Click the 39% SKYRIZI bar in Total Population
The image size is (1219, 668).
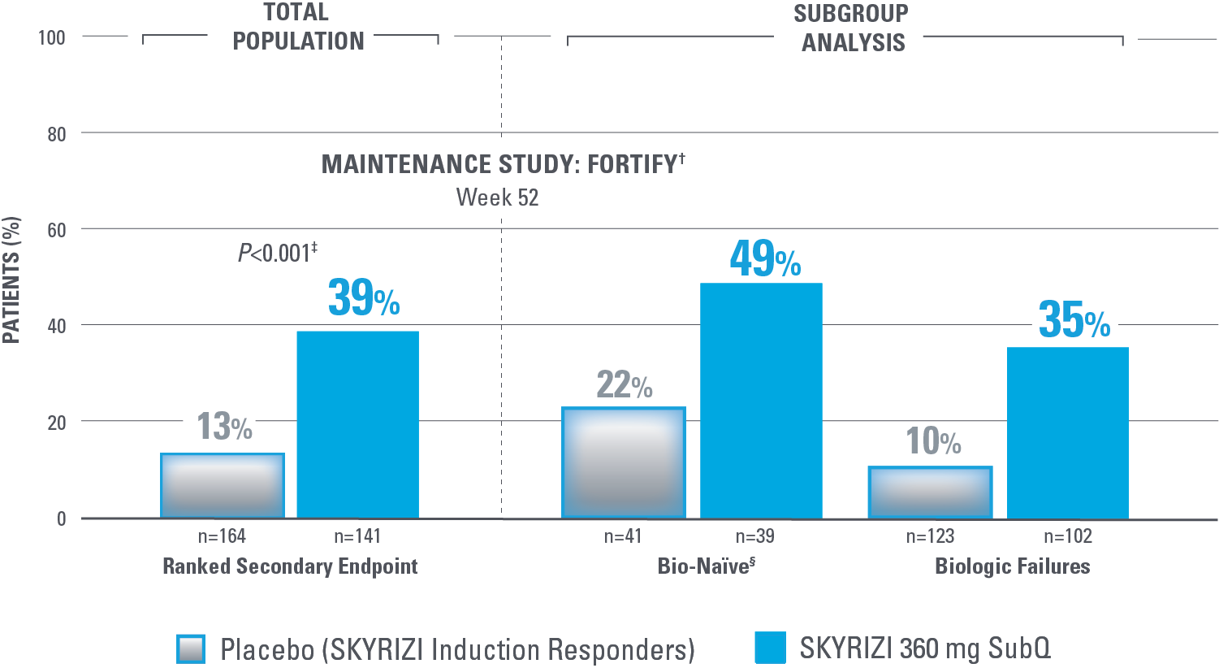pos(358,424)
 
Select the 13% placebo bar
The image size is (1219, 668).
pos(223,485)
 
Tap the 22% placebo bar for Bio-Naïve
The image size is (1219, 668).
pos(624,462)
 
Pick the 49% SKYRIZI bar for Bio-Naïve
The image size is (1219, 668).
pos(761,401)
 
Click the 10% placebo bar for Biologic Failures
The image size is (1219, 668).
pos(931,492)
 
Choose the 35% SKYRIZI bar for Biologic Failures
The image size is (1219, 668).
pos(1067,432)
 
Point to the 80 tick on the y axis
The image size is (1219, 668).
pos(57,134)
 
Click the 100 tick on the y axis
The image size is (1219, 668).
pos(52,37)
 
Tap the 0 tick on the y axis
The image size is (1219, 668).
pos(62,519)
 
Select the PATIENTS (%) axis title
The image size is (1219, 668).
pos(11,280)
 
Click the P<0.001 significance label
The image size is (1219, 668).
pos(277,254)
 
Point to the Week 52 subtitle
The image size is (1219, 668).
pos(497,197)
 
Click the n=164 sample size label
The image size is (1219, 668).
pos(222,536)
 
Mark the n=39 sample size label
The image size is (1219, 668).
pos(754,536)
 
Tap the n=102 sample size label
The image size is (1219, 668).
pos(1067,536)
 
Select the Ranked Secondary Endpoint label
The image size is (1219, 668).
pos(290,566)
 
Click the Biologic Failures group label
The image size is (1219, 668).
pos(1012,566)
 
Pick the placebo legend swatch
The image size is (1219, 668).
pos(191,649)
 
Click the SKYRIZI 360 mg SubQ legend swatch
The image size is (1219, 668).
pos(770,648)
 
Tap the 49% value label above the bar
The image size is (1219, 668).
pos(765,259)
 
